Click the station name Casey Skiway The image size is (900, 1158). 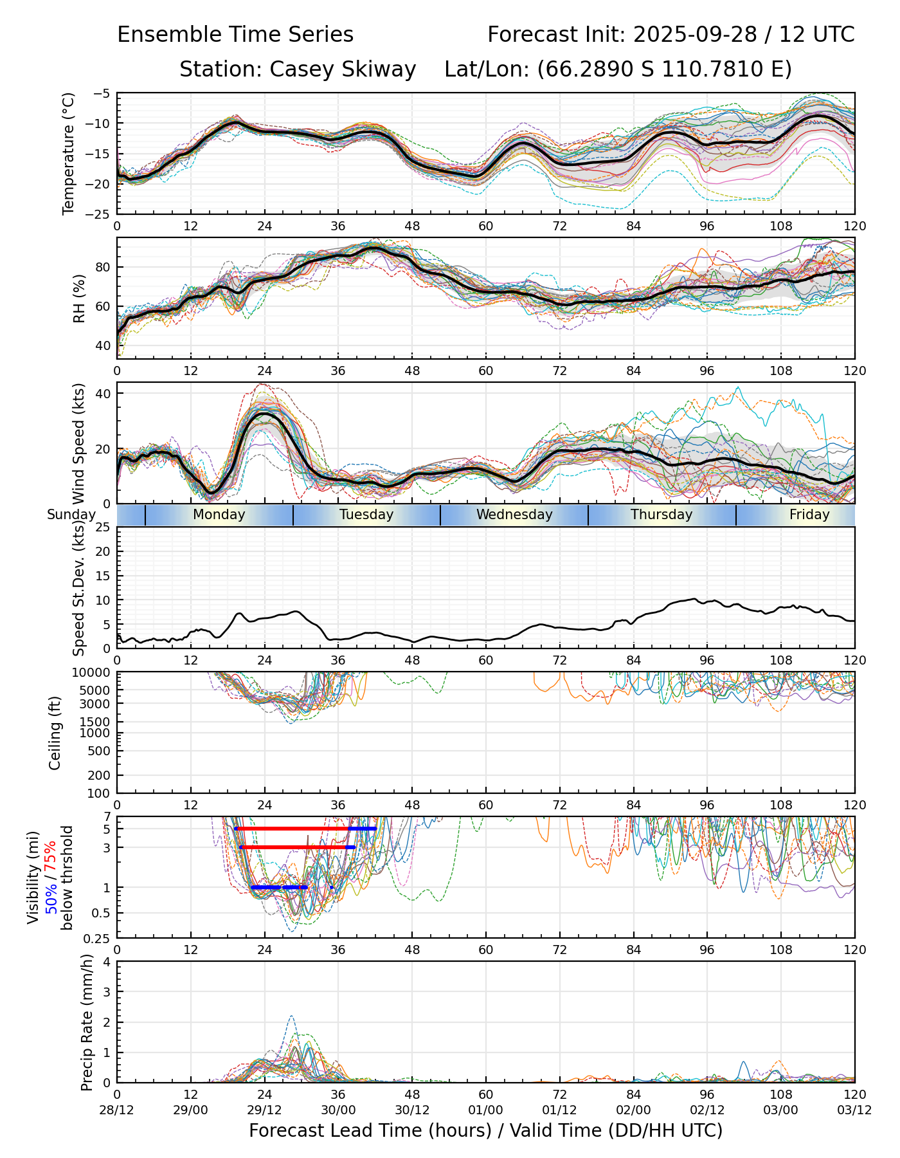tap(343, 69)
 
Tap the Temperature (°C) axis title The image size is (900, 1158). tap(69, 153)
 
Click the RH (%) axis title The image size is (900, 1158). tap(79, 298)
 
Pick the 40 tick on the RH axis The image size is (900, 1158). tap(103, 345)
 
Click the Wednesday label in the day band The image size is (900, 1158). tap(514, 515)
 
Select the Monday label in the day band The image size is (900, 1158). tap(219, 515)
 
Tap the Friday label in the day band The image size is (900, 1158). tap(809, 515)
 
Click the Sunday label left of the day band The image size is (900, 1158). tap(71, 515)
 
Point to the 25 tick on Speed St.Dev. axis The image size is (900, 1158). tap(103, 528)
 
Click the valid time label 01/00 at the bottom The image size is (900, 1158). tap(486, 1110)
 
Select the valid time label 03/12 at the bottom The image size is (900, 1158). tap(854, 1110)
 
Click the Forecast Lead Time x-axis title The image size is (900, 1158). tap(486, 1130)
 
